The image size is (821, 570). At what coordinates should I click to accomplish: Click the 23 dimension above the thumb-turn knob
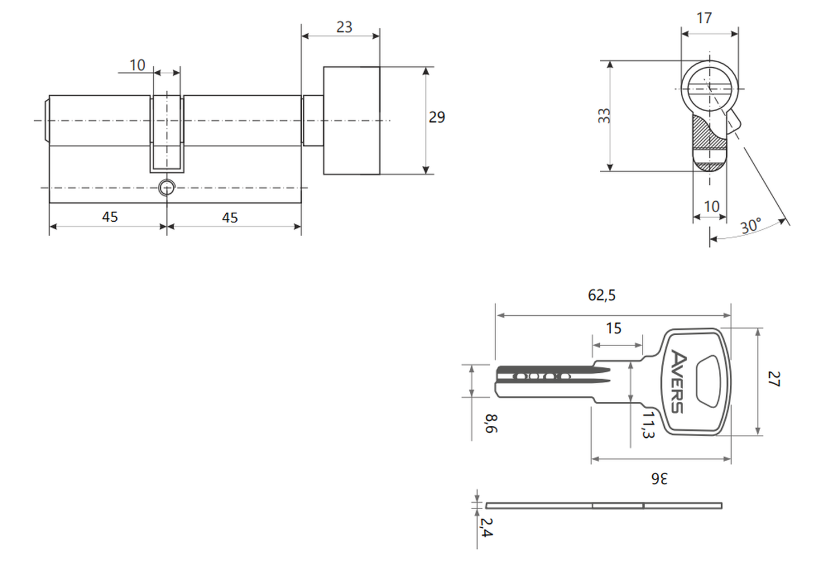pos(344,27)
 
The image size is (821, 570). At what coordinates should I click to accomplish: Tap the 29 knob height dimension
pos(437,117)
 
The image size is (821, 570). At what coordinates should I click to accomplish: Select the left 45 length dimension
pos(110,217)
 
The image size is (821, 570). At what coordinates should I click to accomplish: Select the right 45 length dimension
pos(230,218)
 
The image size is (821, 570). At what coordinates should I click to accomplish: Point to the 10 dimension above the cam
pos(137,66)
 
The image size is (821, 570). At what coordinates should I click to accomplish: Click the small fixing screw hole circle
pos(166,188)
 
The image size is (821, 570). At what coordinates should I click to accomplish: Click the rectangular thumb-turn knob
pos(351,120)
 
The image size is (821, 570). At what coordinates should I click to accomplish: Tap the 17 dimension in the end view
pos(704,18)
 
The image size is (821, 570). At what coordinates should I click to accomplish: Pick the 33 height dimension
pos(604,116)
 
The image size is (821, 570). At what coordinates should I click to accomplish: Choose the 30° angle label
pos(751,226)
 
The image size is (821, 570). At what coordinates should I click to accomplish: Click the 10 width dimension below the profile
pos(712,207)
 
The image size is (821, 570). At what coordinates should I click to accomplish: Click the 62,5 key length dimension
pos(602,295)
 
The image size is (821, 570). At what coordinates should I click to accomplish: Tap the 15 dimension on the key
pos(613,328)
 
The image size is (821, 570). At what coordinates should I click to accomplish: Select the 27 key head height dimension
pos(774,379)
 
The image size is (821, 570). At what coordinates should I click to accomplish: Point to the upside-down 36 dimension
pos(659,479)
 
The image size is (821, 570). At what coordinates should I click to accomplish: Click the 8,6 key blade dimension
pos(491,424)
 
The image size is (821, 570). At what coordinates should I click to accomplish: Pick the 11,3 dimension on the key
pos(648,425)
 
